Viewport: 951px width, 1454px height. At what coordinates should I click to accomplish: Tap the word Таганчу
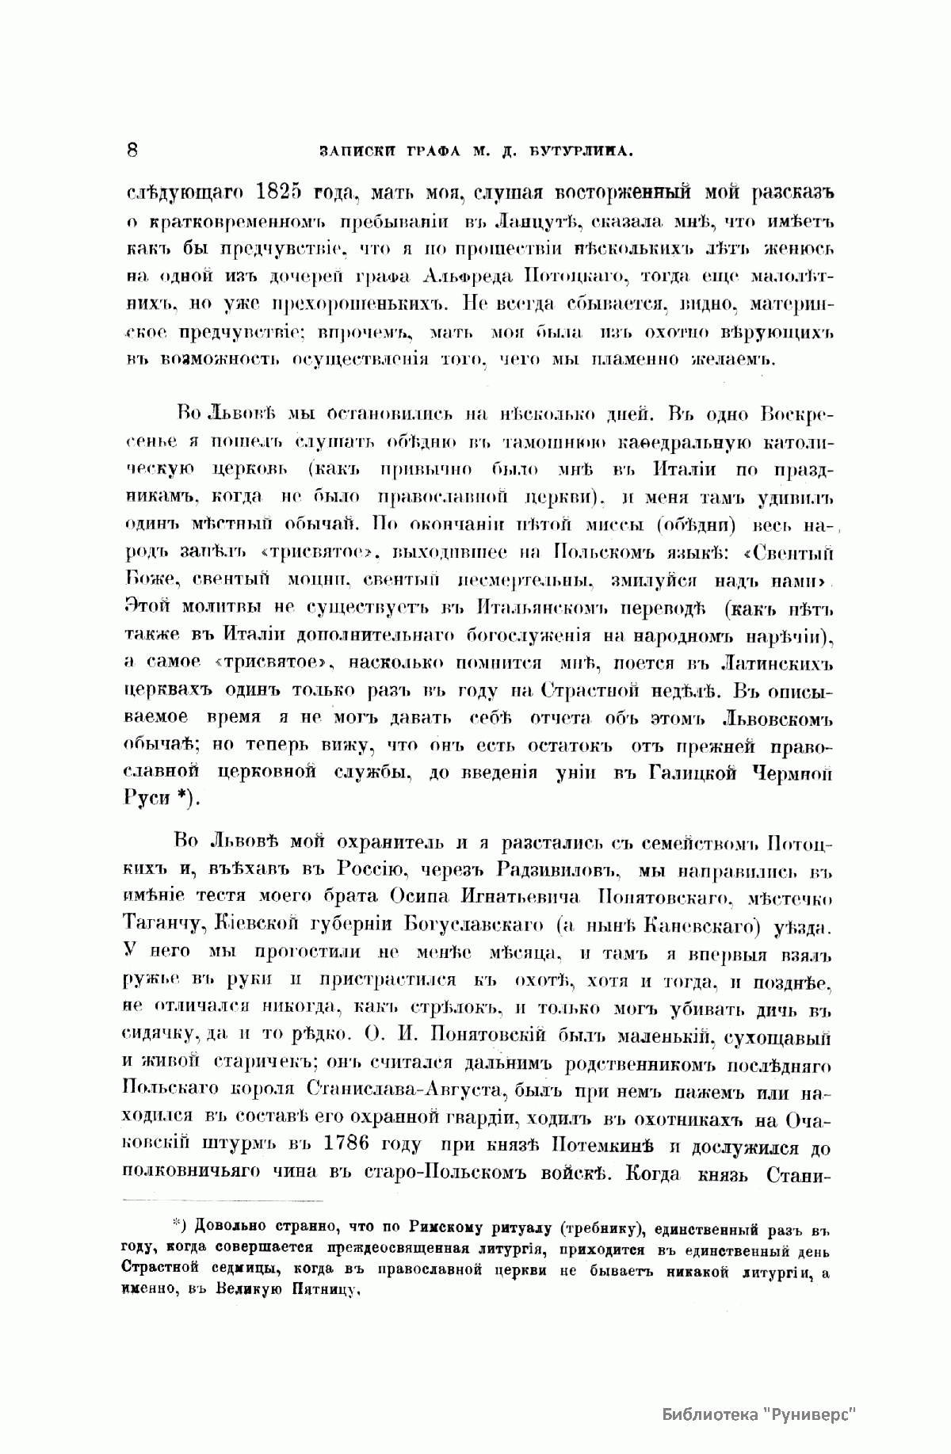point(161,925)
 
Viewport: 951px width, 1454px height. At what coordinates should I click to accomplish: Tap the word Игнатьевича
point(543,897)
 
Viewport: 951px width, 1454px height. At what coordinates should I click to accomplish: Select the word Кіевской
point(237,925)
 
